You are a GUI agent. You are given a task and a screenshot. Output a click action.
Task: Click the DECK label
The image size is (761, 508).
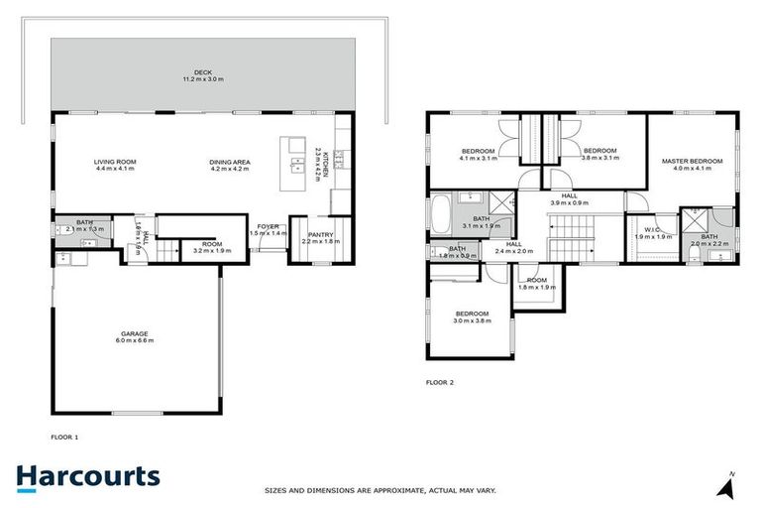pyautogui.click(x=203, y=71)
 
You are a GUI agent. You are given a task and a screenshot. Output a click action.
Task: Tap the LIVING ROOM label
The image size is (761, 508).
pyautogui.click(x=115, y=161)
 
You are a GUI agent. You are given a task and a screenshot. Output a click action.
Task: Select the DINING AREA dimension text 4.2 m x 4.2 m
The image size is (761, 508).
pyautogui.click(x=229, y=169)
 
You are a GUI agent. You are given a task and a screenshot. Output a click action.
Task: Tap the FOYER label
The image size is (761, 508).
pyautogui.click(x=269, y=225)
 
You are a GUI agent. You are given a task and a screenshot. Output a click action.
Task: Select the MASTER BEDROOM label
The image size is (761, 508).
pyautogui.click(x=693, y=161)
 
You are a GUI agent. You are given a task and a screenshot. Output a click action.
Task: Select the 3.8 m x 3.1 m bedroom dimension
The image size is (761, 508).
pyautogui.click(x=598, y=158)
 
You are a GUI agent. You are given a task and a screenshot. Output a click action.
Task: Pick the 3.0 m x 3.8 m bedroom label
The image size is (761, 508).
pyautogui.click(x=472, y=317)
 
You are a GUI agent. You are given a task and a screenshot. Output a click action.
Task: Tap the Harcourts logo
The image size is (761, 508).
pyautogui.click(x=88, y=476)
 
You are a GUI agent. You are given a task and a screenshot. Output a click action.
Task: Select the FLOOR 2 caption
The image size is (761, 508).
pyautogui.click(x=440, y=382)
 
